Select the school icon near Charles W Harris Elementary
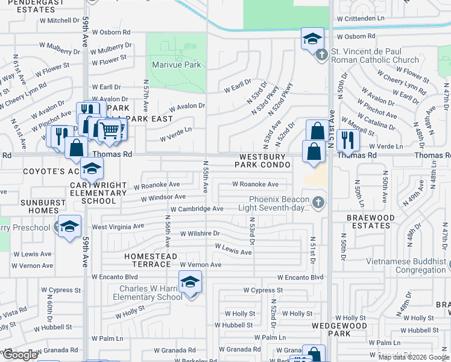click(190, 282)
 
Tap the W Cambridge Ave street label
click(197, 209)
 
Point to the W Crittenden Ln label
click(360, 19)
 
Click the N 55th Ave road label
click(206, 176)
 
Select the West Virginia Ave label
click(118, 226)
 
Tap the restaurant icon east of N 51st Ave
click(348, 139)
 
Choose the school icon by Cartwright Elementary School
click(92, 168)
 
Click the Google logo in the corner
click(19, 355)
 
